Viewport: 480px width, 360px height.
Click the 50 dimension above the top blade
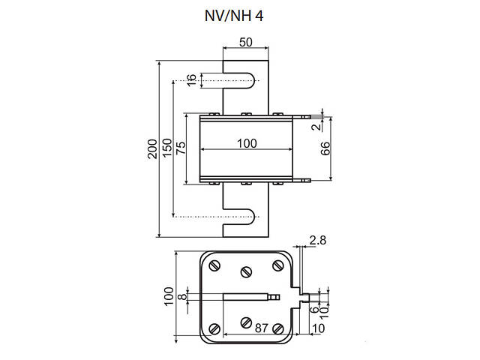[x=245, y=43]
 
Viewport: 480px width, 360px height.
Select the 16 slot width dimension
[x=191, y=80]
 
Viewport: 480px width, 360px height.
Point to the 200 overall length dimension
[x=152, y=147]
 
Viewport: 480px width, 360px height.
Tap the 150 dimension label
[x=168, y=147]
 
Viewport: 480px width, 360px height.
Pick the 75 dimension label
[x=180, y=147]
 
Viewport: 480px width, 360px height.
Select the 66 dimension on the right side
[x=325, y=147]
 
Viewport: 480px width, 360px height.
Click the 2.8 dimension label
[x=318, y=240]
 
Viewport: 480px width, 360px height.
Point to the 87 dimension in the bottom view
[x=259, y=328]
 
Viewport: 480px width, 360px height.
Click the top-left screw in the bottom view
[x=214, y=265]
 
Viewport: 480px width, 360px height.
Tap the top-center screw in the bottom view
[x=246, y=272]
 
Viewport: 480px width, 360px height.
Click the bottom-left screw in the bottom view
[x=214, y=328]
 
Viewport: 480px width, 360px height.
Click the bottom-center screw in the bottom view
[x=246, y=322]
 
